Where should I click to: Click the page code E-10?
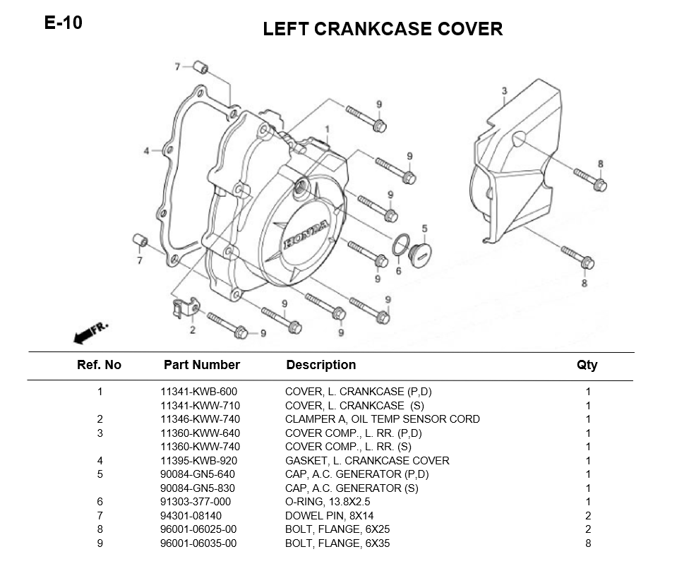pyautogui.click(x=63, y=23)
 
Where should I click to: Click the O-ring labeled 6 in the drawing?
pyautogui.click(x=401, y=245)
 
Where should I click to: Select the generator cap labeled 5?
pyautogui.click(x=420, y=255)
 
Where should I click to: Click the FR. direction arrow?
pyautogui.click(x=90, y=333)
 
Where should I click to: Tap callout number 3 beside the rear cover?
pyautogui.click(x=504, y=90)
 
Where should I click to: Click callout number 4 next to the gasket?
pyautogui.click(x=146, y=150)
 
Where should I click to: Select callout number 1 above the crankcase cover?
pyautogui.click(x=328, y=129)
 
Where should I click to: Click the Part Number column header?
pyautogui.click(x=202, y=365)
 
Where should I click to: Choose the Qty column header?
pyautogui.click(x=587, y=366)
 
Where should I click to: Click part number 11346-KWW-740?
pyautogui.click(x=200, y=419)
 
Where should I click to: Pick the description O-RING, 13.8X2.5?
pyautogui.click(x=328, y=502)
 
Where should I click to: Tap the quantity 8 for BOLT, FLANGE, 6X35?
pyautogui.click(x=588, y=543)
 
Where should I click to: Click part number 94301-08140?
pyautogui.click(x=191, y=515)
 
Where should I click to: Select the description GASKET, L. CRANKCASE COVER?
pyautogui.click(x=367, y=461)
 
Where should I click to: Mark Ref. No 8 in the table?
pyautogui.click(x=100, y=529)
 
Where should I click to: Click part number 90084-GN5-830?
pyautogui.click(x=198, y=488)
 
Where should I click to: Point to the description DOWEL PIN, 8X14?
pyautogui.click(x=330, y=515)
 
